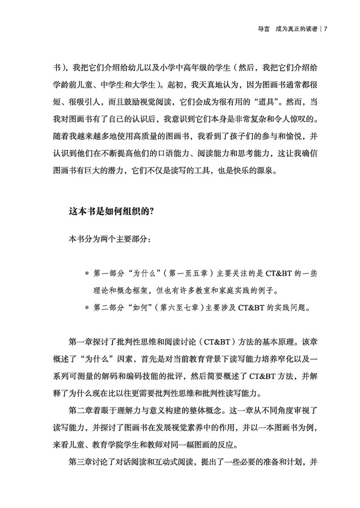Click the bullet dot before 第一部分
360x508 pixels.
click(x=87, y=272)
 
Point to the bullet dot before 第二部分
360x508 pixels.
click(x=87, y=308)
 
